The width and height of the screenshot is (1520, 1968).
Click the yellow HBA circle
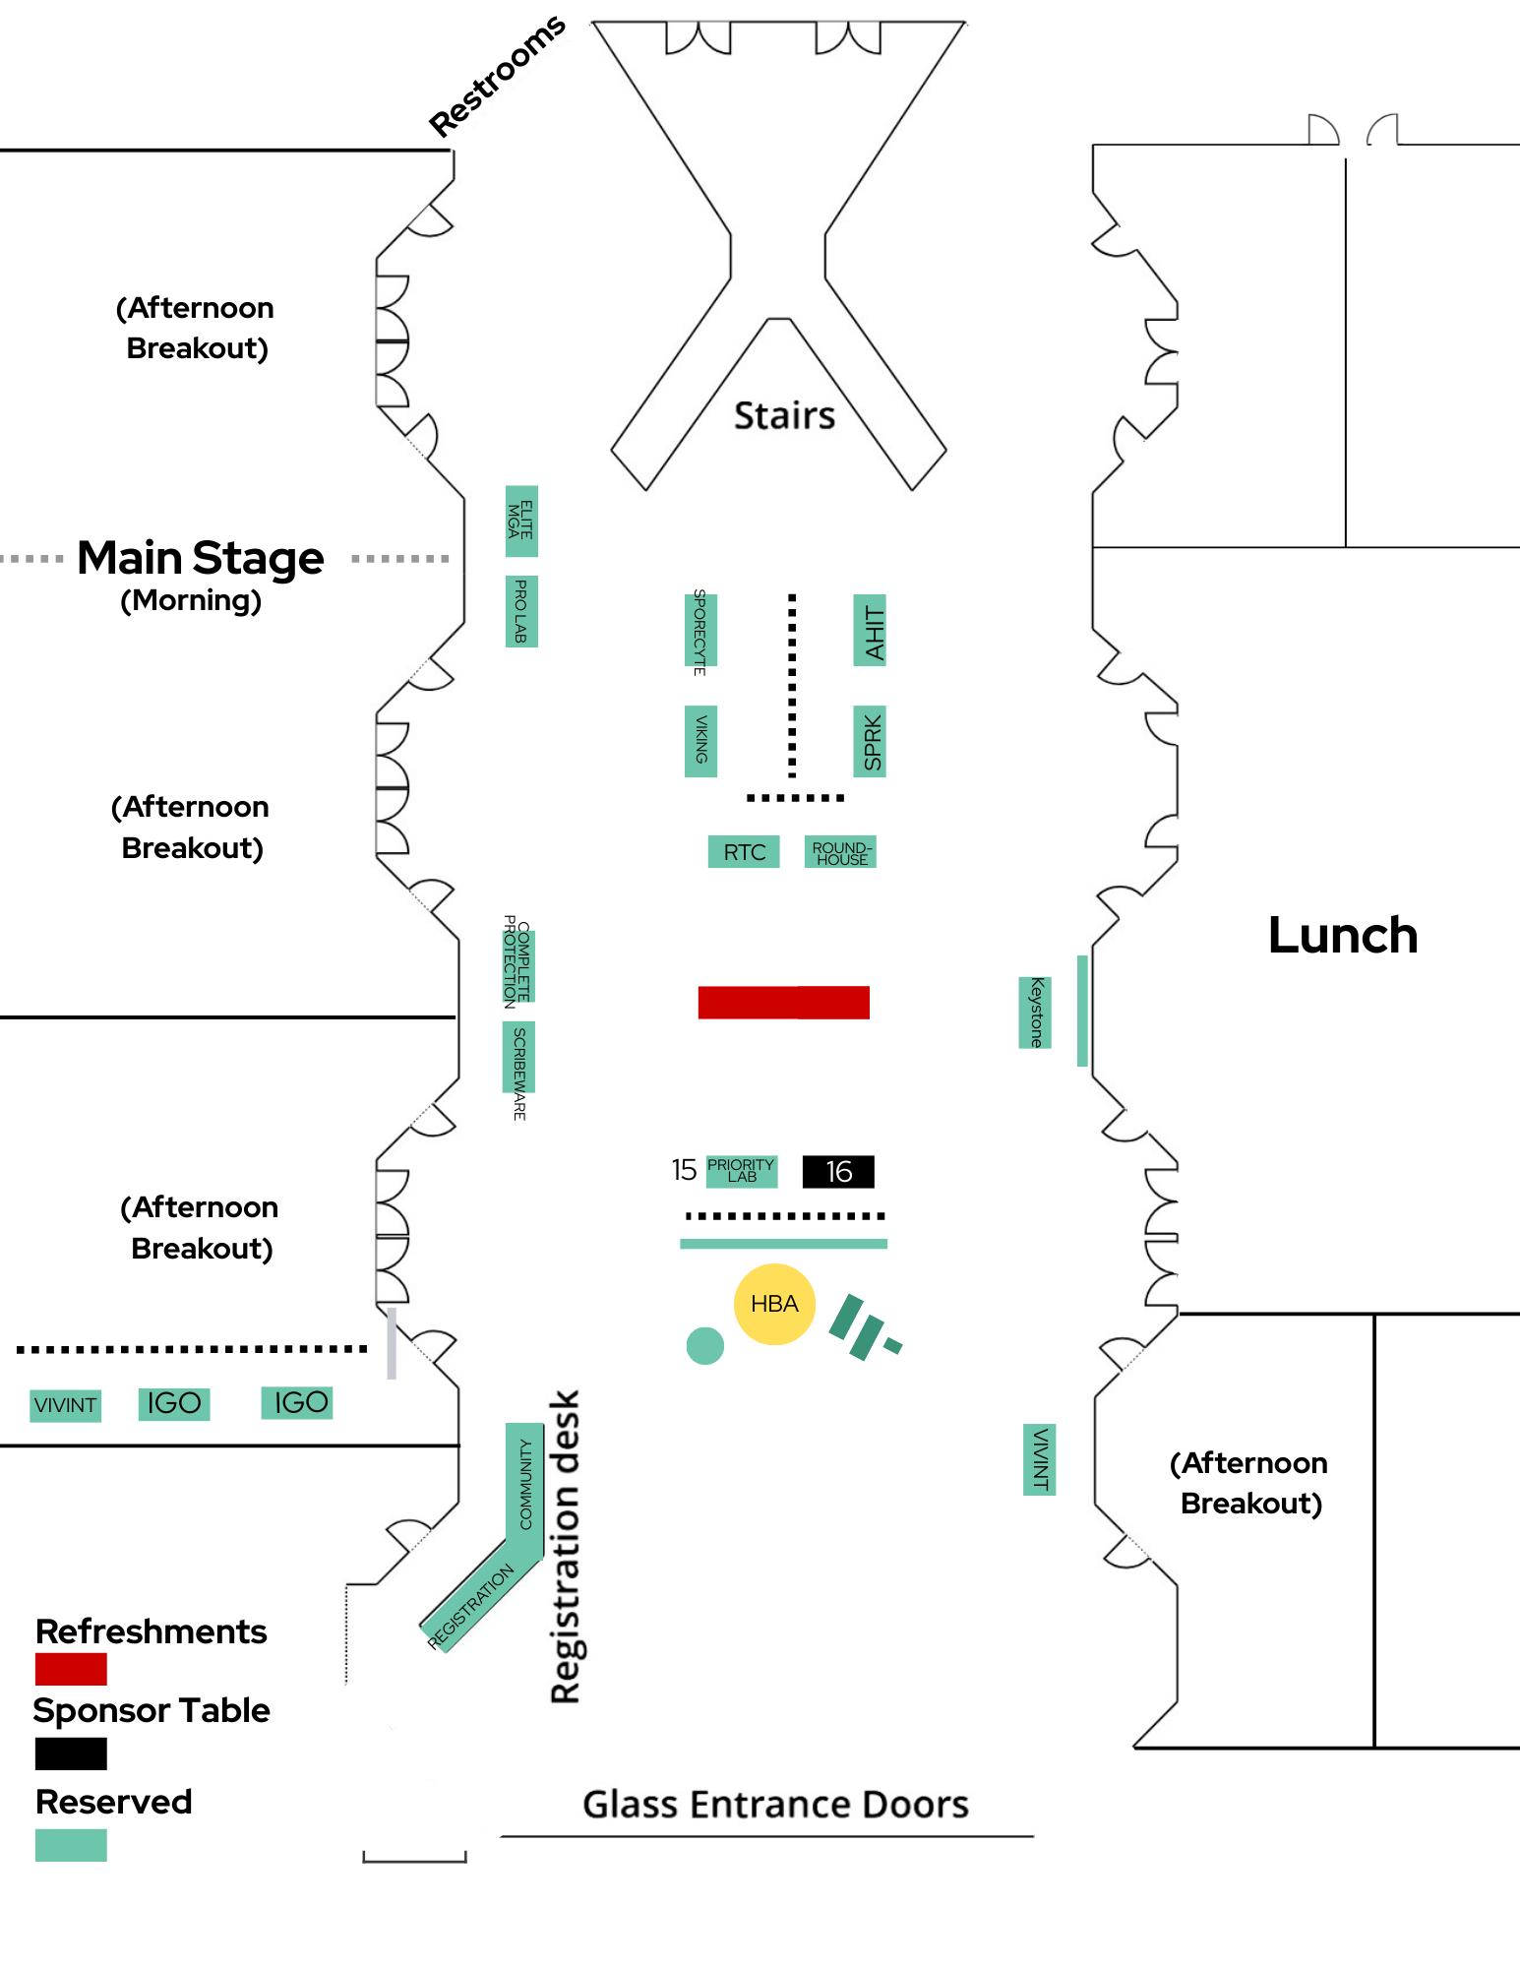click(774, 1304)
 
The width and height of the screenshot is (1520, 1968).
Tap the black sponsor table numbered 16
click(838, 1171)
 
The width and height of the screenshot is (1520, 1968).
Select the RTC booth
click(744, 852)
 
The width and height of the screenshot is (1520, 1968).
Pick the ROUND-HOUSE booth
click(840, 852)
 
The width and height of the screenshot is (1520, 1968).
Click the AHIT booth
click(870, 631)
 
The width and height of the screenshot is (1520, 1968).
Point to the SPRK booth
click(870, 741)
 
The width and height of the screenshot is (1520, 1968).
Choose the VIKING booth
click(700, 741)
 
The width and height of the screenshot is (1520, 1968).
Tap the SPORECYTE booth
click(700, 631)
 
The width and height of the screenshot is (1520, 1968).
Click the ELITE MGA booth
click(521, 522)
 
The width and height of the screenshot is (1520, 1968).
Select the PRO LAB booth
click(521, 611)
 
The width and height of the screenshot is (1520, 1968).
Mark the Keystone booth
click(1035, 1013)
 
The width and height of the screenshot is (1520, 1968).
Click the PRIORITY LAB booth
click(742, 1171)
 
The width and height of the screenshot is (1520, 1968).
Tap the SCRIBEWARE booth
click(518, 1059)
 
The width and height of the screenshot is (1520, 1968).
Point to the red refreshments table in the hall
click(784, 1002)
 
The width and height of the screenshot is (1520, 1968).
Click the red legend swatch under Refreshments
click(71, 1669)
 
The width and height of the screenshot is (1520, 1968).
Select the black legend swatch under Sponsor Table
click(71, 1753)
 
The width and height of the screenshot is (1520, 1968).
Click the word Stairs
click(784, 415)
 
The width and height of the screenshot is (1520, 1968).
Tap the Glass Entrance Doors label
click(775, 1804)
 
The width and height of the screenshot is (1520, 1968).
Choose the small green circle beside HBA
click(704, 1345)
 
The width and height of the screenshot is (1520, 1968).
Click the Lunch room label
click(1342, 935)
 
